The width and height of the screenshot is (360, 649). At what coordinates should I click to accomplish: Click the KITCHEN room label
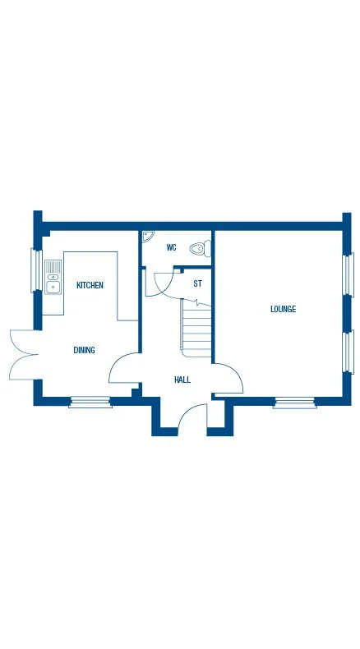[90, 285]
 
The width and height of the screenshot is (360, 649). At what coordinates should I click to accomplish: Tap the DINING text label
[84, 350]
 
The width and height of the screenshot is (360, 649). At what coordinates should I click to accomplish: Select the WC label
[171, 246]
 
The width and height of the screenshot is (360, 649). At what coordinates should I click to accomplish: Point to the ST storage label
[197, 283]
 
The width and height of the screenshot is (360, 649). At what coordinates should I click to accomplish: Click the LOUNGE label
[283, 309]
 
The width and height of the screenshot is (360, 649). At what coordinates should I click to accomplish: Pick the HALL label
[182, 380]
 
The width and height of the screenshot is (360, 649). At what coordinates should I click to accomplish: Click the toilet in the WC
[198, 247]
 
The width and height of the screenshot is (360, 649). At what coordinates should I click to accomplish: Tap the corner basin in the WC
[146, 237]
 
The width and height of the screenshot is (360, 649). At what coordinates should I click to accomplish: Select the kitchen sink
[53, 276]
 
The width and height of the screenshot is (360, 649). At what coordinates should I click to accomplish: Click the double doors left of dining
[23, 354]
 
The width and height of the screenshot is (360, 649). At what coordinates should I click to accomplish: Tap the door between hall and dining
[124, 369]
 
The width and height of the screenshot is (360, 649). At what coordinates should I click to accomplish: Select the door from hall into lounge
[228, 379]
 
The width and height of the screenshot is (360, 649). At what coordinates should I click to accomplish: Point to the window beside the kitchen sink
[36, 270]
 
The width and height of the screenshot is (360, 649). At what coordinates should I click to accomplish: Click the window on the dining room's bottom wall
[90, 402]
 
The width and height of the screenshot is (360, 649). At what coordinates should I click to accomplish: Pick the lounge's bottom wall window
[294, 402]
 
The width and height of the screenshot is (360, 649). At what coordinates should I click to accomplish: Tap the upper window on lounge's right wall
[348, 274]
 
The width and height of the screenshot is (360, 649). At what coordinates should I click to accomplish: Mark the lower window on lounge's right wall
[348, 352]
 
